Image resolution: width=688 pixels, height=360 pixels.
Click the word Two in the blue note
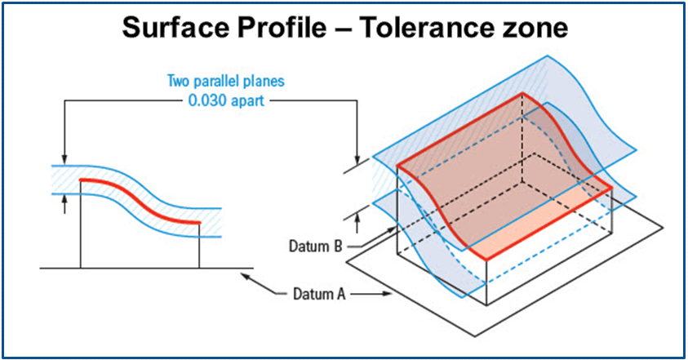coord(178,82)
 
